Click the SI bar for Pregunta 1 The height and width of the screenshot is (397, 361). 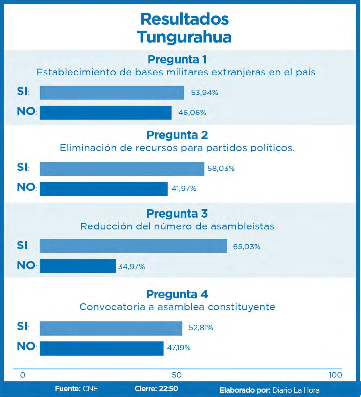tap(112, 93)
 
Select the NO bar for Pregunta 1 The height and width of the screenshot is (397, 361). tap(105, 113)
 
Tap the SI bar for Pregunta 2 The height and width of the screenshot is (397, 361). tap(122, 168)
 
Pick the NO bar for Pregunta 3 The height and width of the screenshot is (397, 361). tap(77, 266)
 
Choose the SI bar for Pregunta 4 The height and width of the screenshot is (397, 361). tap(111, 328)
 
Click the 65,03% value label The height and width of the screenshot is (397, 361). tap(247, 247)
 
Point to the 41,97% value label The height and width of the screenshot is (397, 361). tap(184, 189)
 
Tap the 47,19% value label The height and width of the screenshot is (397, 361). tap(179, 348)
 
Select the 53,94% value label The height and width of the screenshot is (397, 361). tap(204, 93)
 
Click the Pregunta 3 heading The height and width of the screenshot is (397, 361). tap(177, 214)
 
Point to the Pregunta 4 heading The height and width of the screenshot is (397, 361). tap(177, 294)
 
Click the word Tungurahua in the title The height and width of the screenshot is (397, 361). tap(184, 37)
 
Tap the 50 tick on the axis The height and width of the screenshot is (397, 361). tap(177, 375)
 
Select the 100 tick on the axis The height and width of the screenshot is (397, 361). tap(335, 375)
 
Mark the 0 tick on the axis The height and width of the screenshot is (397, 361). tap(22, 375)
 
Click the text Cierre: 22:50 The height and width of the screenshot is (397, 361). tap(156, 389)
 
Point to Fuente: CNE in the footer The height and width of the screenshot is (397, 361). tap(77, 389)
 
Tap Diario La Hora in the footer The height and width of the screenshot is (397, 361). tap(296, 390)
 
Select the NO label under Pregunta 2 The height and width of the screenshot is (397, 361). tap(26, 187)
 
